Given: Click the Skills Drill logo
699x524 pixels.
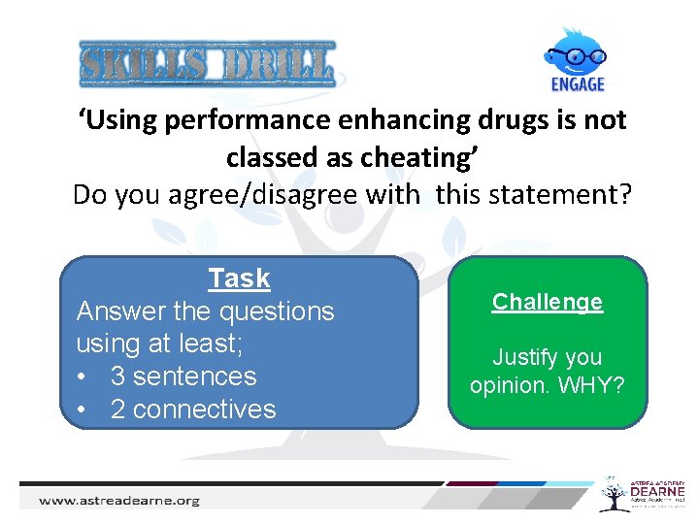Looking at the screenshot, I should click(207, 65).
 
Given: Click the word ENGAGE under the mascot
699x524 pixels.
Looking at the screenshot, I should click(578, 83).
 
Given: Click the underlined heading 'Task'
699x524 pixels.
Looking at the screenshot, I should click(239, 278).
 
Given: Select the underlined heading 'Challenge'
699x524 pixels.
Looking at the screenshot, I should click(547, 302).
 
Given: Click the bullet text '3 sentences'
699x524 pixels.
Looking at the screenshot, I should click(183, 377).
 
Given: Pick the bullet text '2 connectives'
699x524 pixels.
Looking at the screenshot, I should click(193, 409).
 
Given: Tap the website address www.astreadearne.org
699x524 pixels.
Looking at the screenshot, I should click(118, 501).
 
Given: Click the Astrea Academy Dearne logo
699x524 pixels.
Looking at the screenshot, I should click(641, 494).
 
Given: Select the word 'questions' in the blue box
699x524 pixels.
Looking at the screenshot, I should click(277, 311).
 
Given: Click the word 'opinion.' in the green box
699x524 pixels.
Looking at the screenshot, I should click(507, 385).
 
